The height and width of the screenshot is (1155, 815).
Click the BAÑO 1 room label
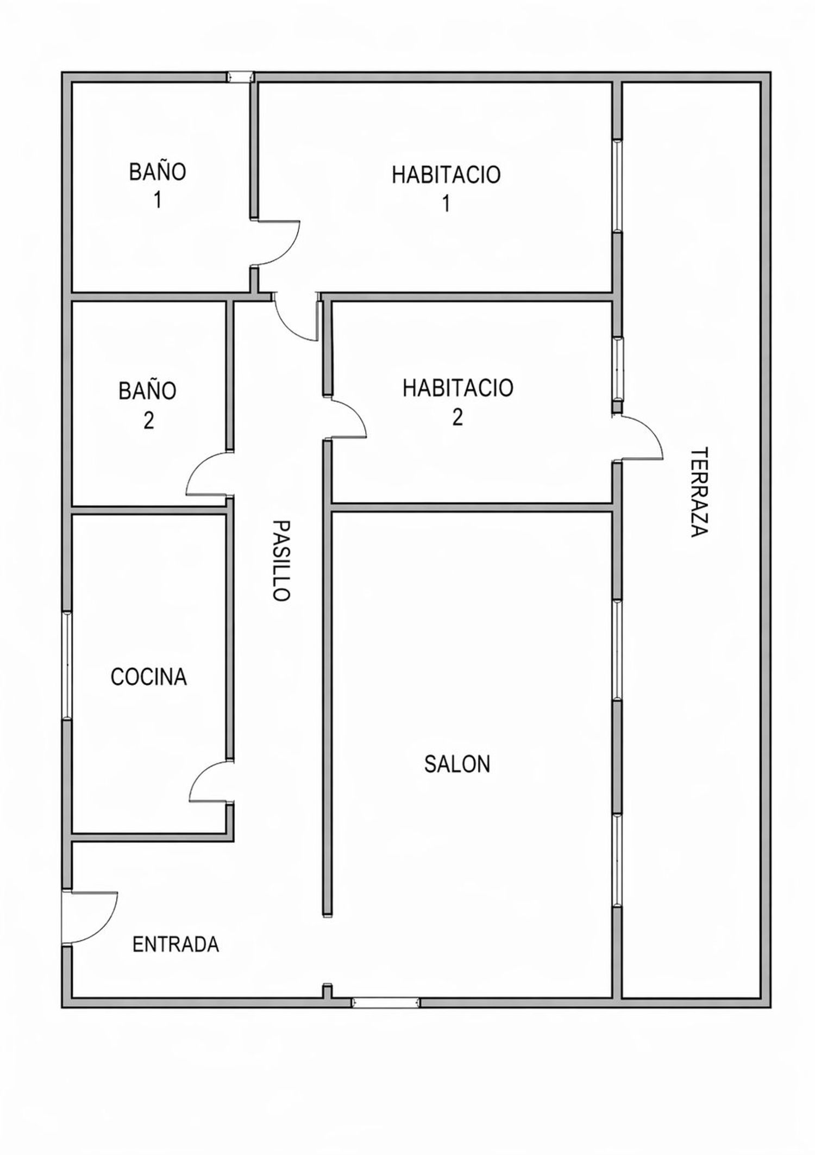click(158, 185)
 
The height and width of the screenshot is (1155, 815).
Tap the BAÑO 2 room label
click(148, 405)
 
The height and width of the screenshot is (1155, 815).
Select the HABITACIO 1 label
click(446, 189)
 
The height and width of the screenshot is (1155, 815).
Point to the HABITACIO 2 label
click(457, 402)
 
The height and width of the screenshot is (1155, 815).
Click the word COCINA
click(149, 677)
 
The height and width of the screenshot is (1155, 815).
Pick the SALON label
click(457, 764)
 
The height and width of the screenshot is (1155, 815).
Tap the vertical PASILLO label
click(281, 560)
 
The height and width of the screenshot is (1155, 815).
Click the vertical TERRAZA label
click(700, 492)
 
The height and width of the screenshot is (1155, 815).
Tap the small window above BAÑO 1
click(240, 77)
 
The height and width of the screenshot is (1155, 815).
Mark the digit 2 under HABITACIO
click(457, 417)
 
